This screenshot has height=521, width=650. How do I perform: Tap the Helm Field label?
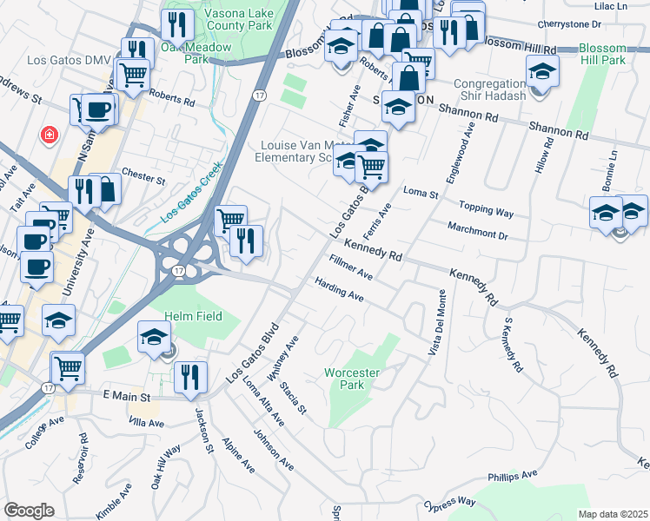[196, 317]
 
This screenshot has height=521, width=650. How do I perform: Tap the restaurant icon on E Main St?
[189, 378]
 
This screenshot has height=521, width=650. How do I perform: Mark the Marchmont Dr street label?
[477, 230]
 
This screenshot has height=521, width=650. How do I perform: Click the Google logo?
[29, 511]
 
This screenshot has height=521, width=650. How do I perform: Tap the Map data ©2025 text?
[614, 514]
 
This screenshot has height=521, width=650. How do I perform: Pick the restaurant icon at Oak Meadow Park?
[177, 26]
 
